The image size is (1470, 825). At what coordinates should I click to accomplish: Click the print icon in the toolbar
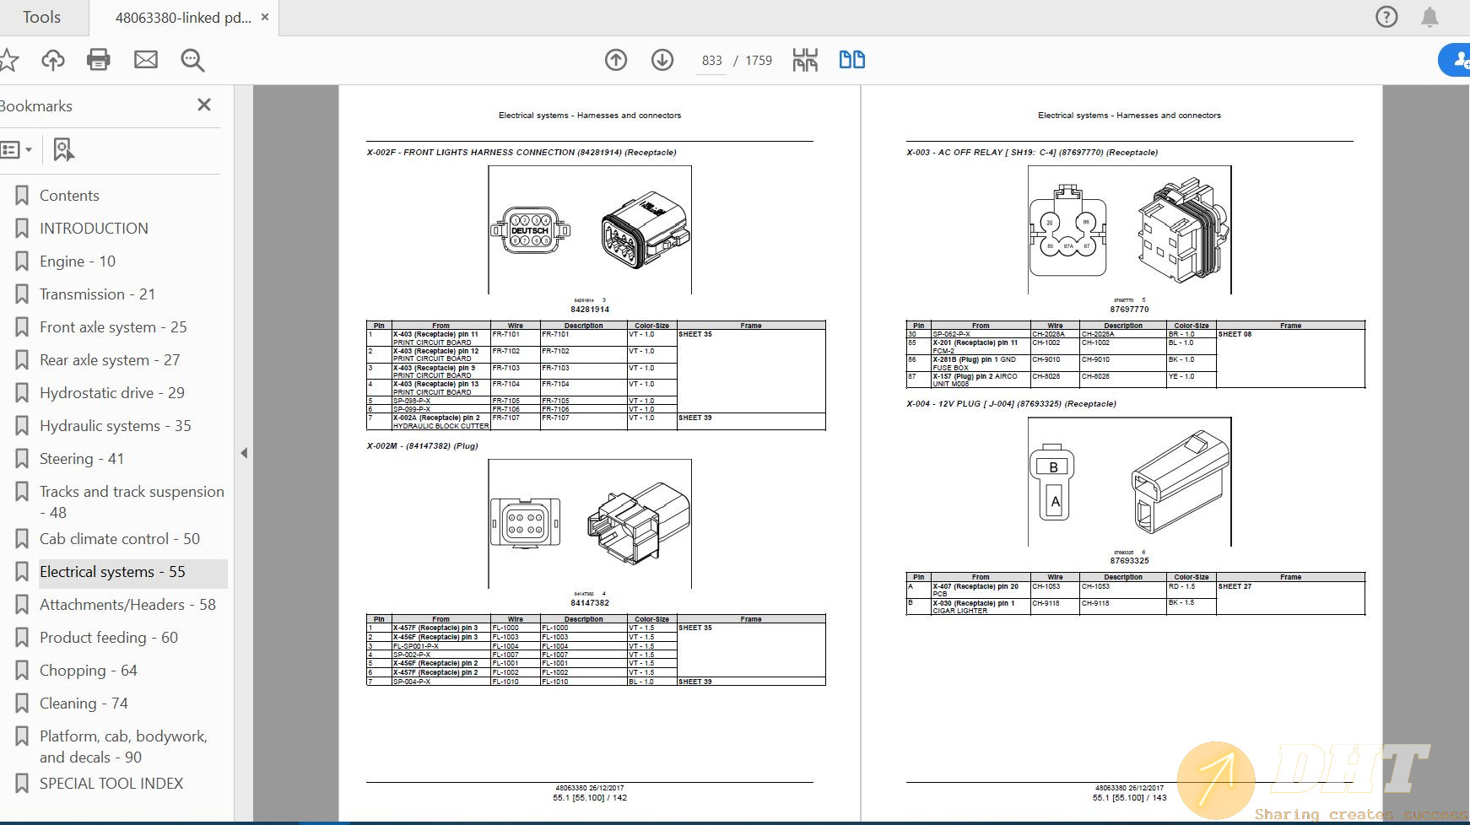point(99,60)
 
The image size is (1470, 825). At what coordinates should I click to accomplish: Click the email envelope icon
point(146,60)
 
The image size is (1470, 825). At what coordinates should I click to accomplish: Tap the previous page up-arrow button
point(616,60)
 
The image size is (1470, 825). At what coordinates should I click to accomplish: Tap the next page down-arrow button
point(662,60)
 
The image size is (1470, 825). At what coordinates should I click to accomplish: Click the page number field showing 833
point(711,61)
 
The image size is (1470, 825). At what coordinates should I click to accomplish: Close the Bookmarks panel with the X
point(203,105)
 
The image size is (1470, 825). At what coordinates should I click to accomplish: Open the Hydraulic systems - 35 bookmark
point(115,426)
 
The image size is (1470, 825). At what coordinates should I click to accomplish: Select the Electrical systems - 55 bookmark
point(112,572)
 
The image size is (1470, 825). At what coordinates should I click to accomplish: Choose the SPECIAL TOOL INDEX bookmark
point(111,784)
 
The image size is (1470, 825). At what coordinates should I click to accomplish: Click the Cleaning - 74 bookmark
point(84,704)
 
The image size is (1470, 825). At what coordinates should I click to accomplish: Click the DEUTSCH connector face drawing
point(530,230)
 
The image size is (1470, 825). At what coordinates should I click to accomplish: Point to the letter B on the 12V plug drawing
point(1053,467)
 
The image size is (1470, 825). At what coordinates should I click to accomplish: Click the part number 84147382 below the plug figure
point(589,603)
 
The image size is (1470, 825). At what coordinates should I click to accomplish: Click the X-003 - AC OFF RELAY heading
point(1031,153)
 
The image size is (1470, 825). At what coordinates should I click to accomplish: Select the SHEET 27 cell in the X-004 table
point(1235,586)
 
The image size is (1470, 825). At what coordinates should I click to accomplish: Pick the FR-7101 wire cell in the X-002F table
point(506,334)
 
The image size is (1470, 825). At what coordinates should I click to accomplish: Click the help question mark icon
point(1386,17)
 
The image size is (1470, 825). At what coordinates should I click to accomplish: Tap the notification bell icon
point(1429,17)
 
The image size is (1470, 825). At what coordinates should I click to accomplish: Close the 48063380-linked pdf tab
point(265,17)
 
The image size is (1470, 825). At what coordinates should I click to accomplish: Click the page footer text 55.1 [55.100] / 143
point(1129,797)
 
